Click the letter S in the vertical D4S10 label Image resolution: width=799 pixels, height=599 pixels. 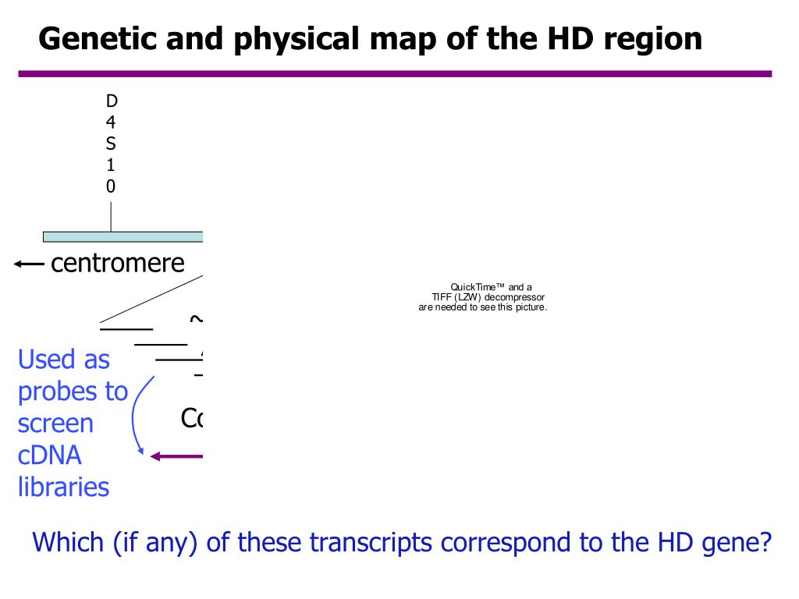[111, 144]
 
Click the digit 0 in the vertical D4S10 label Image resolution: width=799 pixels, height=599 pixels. [111, 186]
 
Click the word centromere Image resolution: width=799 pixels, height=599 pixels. [117, 264]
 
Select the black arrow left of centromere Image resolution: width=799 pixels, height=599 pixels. [29, 264]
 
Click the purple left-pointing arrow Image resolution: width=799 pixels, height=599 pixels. [178, 456]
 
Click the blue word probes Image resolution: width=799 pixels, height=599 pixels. [73, 392]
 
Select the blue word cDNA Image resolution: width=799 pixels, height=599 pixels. [50, 455]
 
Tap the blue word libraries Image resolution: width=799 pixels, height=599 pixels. [63, 487]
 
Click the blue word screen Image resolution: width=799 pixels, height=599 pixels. [55, 424]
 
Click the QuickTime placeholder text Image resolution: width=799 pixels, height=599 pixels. [483, 297]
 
